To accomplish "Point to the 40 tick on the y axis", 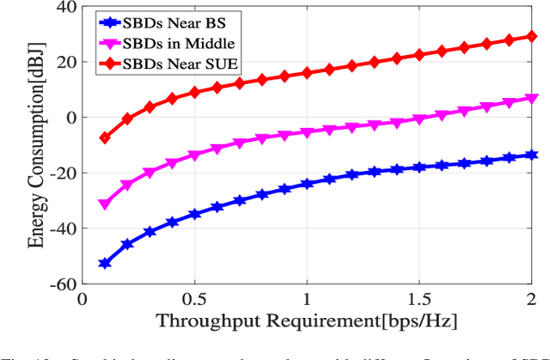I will point(65,7).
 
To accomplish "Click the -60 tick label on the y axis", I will point(61,283).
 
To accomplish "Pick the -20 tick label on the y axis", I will point(61,173).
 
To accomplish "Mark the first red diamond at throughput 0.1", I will point(105,137).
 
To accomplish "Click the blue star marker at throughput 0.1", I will point(105,263).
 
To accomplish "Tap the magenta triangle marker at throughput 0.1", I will point(105,204).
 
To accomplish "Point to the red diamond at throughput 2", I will point(532,37).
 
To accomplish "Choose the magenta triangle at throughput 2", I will point(532,98).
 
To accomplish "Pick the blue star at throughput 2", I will point(532,155).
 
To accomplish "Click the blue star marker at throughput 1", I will point(307,184).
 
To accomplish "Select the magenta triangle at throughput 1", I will point(307,132).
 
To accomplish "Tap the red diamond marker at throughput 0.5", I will point(195,92).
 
